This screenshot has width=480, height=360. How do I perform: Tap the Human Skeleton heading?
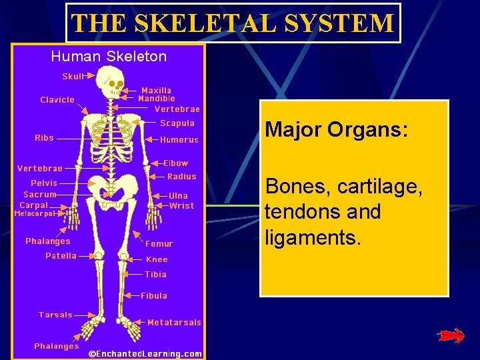tap(109, 57)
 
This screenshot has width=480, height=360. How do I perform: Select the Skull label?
tap(73, 77)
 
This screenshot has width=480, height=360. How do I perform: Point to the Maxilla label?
tap(156, 90)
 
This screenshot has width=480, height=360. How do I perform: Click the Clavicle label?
tap(57, 100)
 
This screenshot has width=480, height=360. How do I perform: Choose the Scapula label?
tap(177, 123)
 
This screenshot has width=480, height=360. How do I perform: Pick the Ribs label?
tap(44, 138)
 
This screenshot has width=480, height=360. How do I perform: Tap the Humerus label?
tap(179, 140)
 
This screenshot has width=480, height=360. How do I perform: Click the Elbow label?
tap(176, 163)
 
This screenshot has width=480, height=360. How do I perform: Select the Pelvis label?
tap(44, 183)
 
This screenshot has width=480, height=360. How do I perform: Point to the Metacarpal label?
tap(37, 214)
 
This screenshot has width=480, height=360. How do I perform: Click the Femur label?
tap(159, 244)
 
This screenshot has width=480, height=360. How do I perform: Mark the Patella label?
tap(61, 255)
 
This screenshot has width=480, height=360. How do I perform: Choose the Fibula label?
tap(154, 295)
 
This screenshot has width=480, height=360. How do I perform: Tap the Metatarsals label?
tap(174, 323)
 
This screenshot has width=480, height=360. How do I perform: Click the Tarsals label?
tap(55, 315)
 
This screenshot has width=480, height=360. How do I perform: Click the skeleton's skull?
tap(115, 83)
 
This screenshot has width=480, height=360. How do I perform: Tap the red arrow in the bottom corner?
tap(451, 337)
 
